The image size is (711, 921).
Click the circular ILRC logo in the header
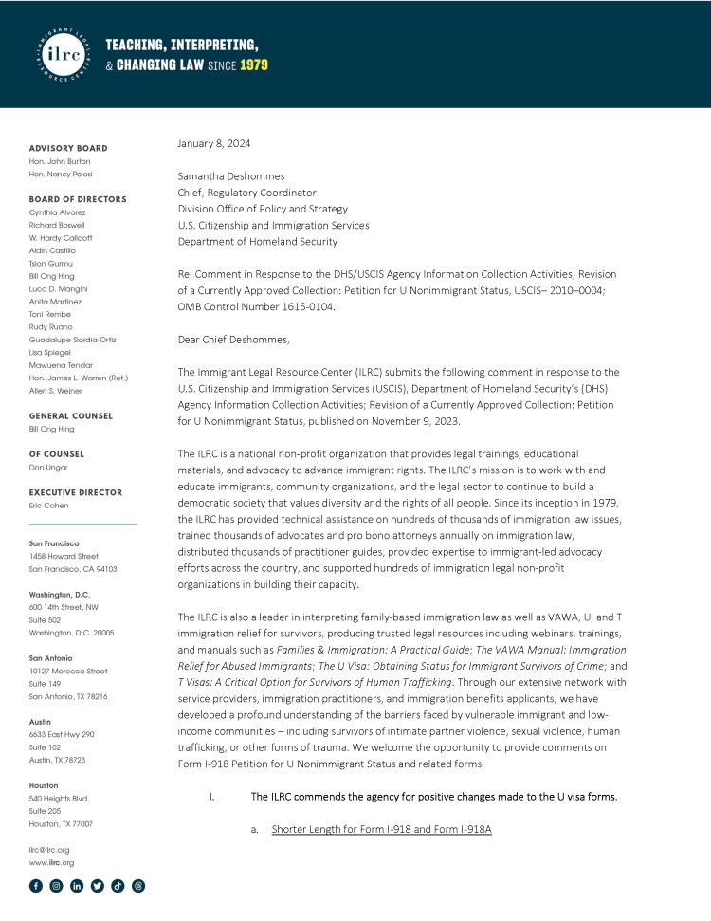pyautogui.click(x=63, y=54)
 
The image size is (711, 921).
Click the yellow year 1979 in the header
pyautogui.click(x=253, y=65)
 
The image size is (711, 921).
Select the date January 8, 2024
pyautogui.click(x=214, y=144)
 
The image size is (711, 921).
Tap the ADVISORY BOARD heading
pyautogui.click(x=68, y=148)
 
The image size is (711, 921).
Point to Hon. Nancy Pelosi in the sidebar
pyautogui.click(x=61, y=175)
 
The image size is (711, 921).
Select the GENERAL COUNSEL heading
pyautogui.click(x=70, y=415)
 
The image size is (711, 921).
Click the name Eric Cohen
pyautogui.click(x=48, y=506)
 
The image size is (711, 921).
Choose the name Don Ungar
pyautogui.click(x=48, y=467)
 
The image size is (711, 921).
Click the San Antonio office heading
pyautogui.click(x=51, y=657)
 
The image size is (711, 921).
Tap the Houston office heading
pyautogui.click(x=45, y=785)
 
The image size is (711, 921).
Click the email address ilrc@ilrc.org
pyautogui.click(x=49, y=850)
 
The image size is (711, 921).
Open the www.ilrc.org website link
pyautogui.click(x=51, y=863)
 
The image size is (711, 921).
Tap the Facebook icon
pyautogui.click(x=36, y=886)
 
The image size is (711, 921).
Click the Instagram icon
pyautogui.click(x=56, y=886)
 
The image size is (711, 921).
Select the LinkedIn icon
pyautogui.click(x=77, y=886)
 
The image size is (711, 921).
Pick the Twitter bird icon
pyautogui.click(x=97, y=886)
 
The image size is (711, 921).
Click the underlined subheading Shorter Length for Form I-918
pyautogui.click(x=381, y=830)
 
